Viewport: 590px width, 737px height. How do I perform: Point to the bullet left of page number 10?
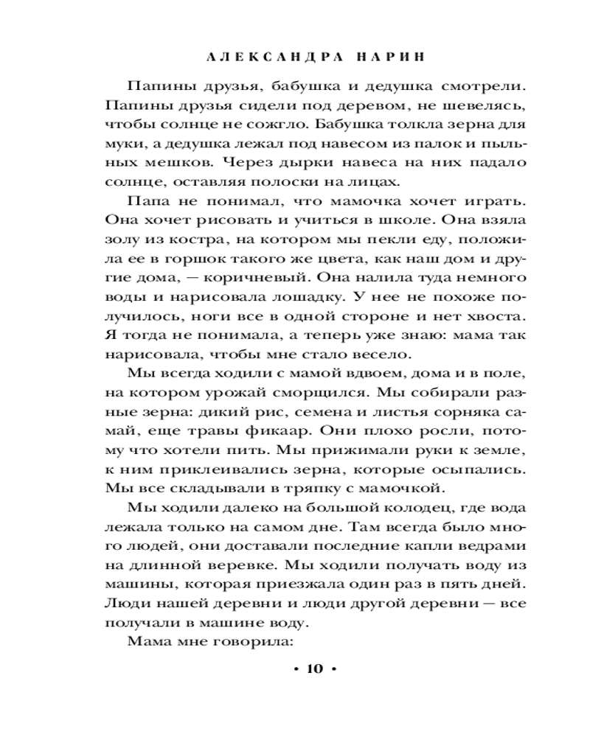tap(296, 669)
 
